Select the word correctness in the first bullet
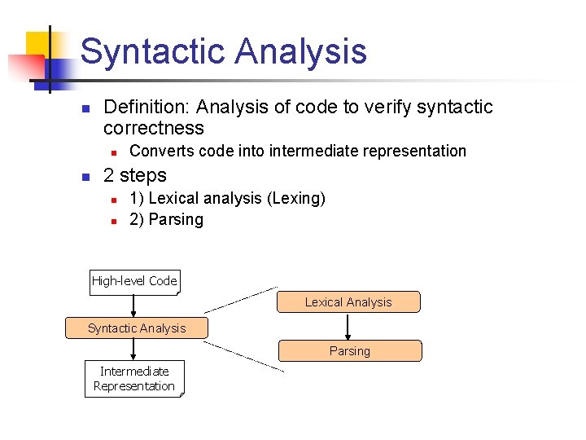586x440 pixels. coord(154,128)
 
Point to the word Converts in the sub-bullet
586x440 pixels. coord(156,151)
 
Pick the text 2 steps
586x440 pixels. coord(135,175)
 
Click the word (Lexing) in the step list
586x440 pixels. coord(297,198)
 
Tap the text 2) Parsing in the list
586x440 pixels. coord(166,219)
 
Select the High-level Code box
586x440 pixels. coord(134,281)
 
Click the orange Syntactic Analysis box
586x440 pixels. coord(137,328)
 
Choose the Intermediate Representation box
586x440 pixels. coord(134,379)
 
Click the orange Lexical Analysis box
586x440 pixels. coord(348,302)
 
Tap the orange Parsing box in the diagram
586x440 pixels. coord(350,351)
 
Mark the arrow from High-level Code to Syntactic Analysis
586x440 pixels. coord(133,306)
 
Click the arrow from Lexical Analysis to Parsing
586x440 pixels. coord(348,326)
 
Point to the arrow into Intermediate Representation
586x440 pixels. coord(133,350)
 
